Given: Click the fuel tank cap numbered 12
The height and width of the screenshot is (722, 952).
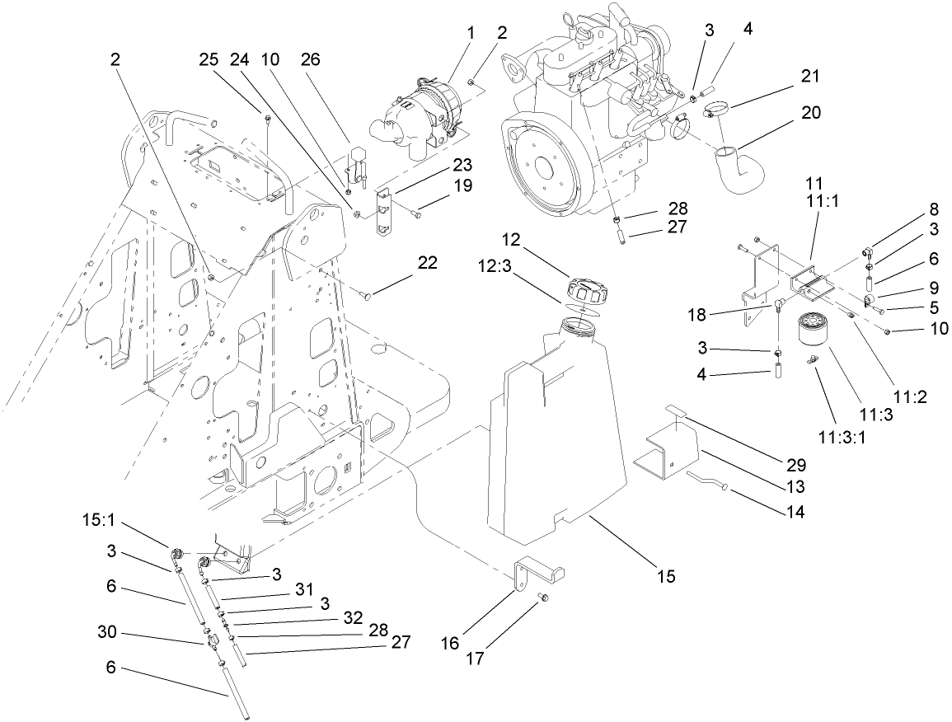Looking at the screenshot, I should (587, 291).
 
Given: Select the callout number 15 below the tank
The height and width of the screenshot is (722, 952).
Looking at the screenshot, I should (666, 575).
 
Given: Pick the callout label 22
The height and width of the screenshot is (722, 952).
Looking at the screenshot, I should (427, 263).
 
